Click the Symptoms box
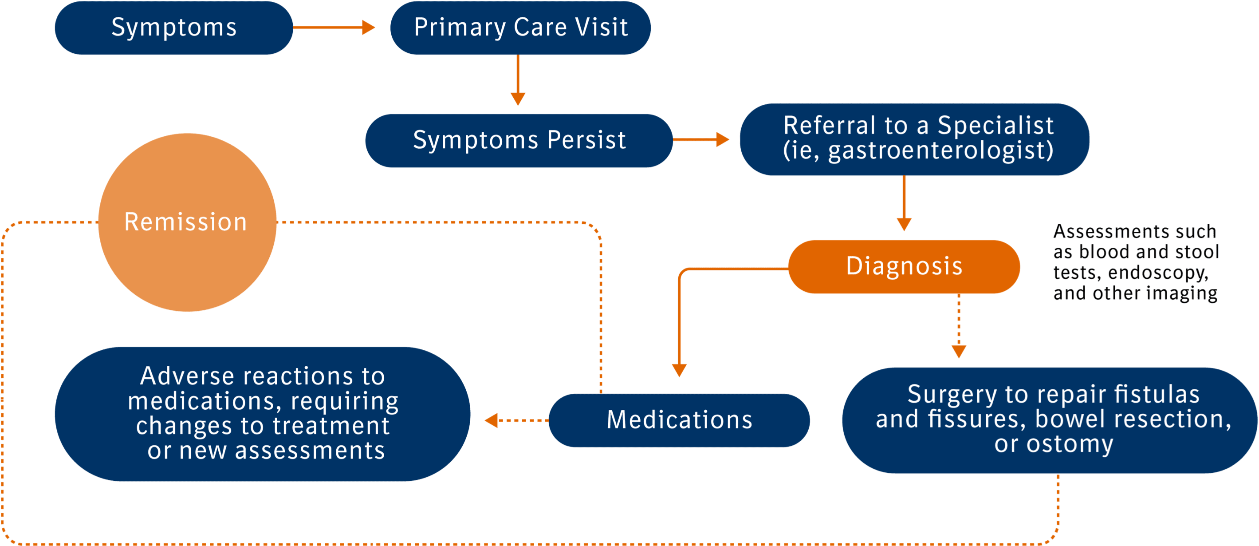coord(173,28)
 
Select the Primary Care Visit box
coord(520,28)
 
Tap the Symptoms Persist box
coord(519,140)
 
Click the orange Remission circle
coord(187,222)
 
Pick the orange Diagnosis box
coord(904,267)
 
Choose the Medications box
coord(679,420)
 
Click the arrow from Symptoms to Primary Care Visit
coord(334,28)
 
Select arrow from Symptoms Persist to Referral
coord(701,140)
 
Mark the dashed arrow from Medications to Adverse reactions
coord(515,420)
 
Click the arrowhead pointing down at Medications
coord(679,370)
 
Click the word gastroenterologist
coord(941,150)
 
